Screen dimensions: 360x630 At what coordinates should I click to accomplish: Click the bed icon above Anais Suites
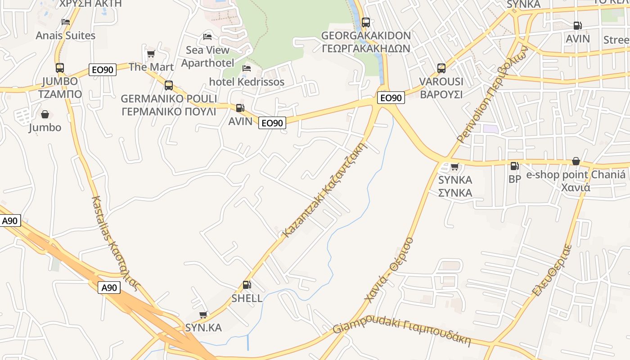pos(66,22)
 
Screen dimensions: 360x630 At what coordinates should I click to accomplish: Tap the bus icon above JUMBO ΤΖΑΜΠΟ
pos(60,68)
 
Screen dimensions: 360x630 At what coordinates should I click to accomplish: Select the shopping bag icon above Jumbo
pos(45,115)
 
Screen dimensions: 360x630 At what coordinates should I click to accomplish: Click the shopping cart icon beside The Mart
pos(151,54)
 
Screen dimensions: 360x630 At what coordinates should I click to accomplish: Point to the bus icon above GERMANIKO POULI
pos(169,85)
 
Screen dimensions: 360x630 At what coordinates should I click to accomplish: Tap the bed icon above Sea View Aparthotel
pos(207,36)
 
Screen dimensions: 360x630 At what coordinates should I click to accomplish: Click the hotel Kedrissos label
pos(247,82)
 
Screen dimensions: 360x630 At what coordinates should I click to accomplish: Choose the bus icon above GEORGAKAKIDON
pos(366,22)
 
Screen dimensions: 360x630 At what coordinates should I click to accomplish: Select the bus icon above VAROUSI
pos(441,68)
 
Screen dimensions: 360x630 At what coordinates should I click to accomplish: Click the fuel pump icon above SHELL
pos(247,285)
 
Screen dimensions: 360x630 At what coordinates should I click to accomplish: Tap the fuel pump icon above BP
pos(514,166)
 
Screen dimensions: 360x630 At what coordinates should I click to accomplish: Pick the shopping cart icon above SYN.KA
pos(203,315)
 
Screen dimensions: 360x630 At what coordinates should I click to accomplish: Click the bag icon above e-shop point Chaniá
pos(576,162)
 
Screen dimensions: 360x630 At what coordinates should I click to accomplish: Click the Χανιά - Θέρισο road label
pos(389,270)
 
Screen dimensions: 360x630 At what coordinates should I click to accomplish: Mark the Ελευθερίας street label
pos(552,270)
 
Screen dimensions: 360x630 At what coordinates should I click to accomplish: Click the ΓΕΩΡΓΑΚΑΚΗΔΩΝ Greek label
pos(366,48)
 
